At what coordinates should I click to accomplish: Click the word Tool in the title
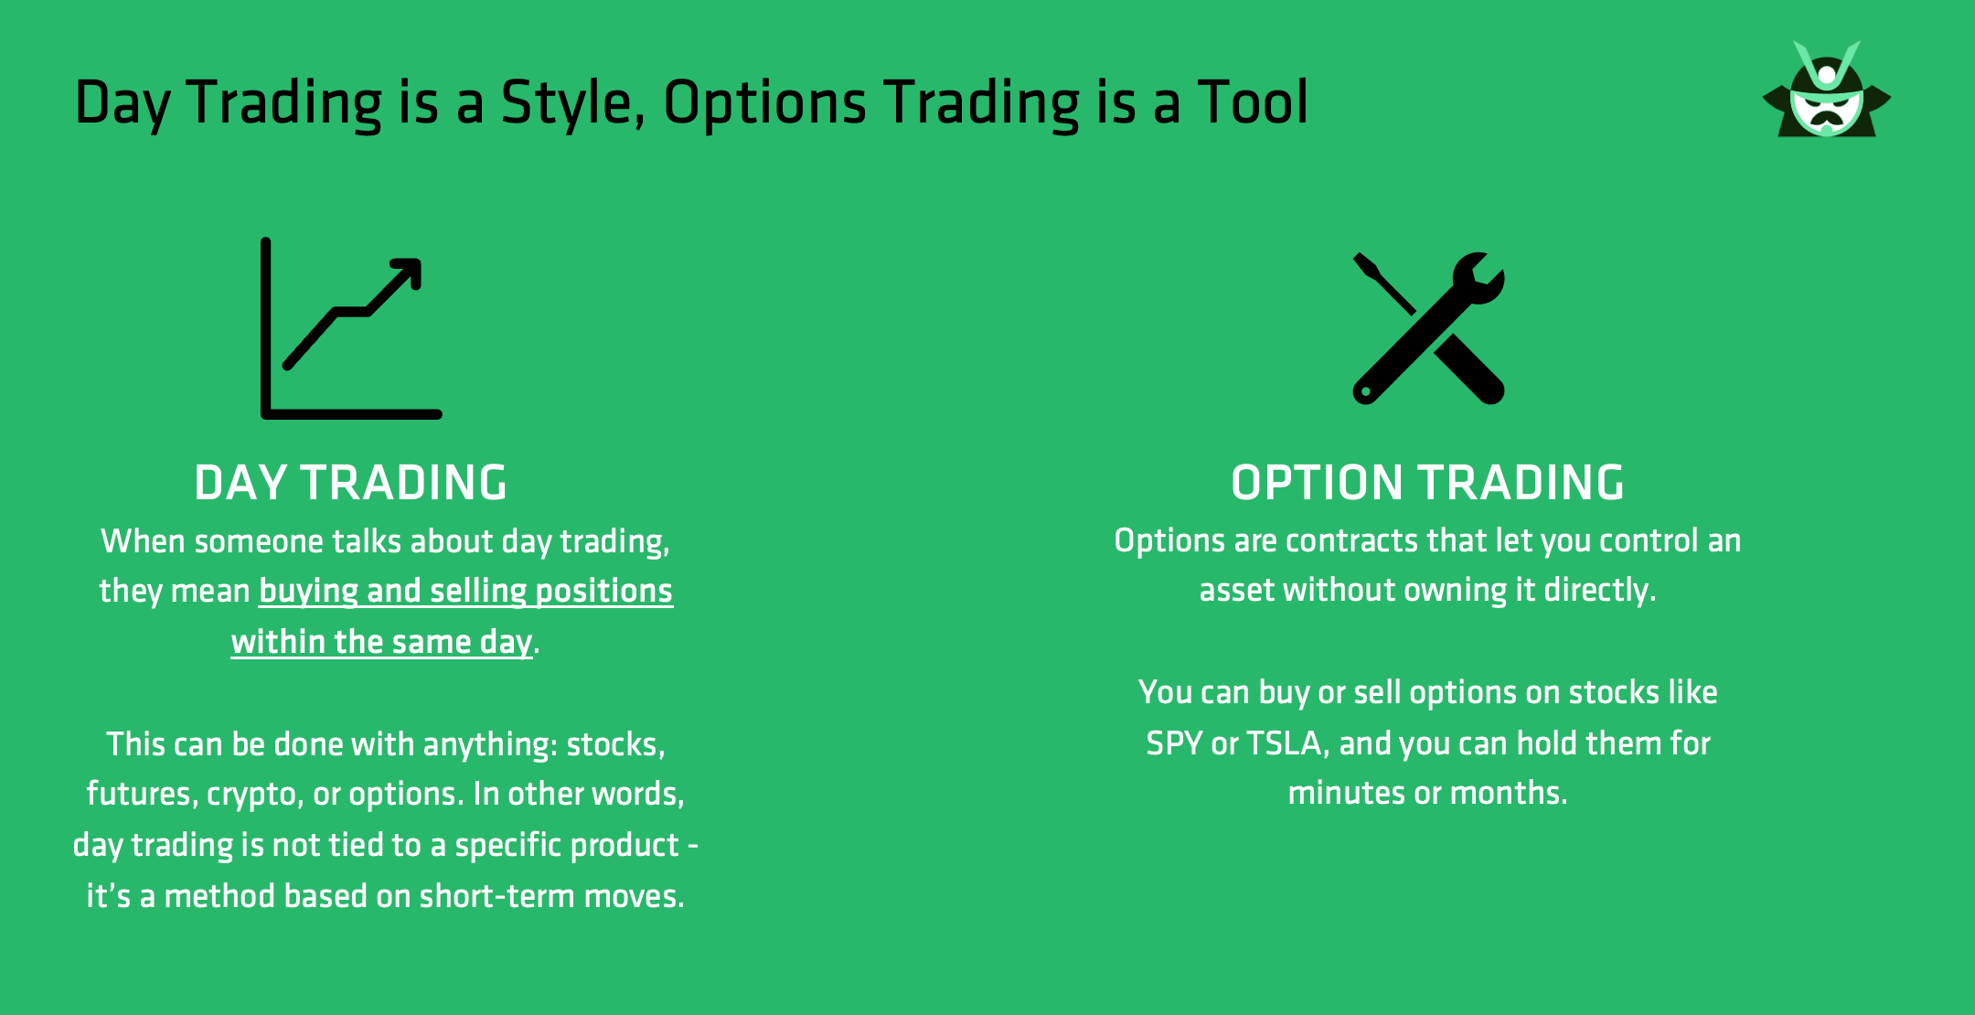tap(1253, 102)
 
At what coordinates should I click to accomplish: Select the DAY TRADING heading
tap(350, 483)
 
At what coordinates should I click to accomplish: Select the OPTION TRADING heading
tap(1427, 483)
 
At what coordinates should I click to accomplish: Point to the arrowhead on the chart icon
tap(408, 272)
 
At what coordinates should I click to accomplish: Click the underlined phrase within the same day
tap(381, 642)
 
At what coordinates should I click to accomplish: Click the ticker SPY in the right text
tap(1174, 743)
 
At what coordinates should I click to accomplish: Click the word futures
tap(138, 794)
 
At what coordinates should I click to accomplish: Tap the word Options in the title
tap(764, 102)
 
